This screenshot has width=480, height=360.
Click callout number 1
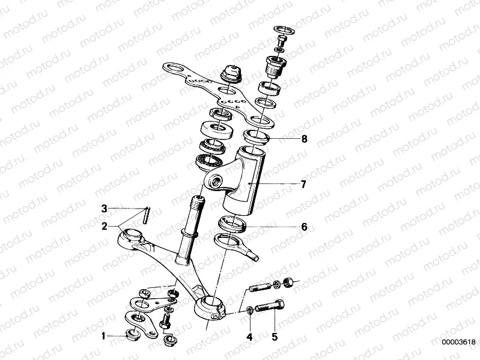pyautogui.click(x=103, y=335)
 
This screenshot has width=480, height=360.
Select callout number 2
pyautogui.click(x=104, y=227)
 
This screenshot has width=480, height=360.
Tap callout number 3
pyautogui.click(x=104, y=209)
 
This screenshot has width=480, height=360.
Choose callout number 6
pyautogui.click(x=304, y=227)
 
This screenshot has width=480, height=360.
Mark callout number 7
pyautogui.click(x=304, y=184)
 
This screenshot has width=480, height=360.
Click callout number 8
pyautogui.click(x=304, y=139)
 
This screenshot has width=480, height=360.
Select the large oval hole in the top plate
pyautogui.click(x=174, y=69)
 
